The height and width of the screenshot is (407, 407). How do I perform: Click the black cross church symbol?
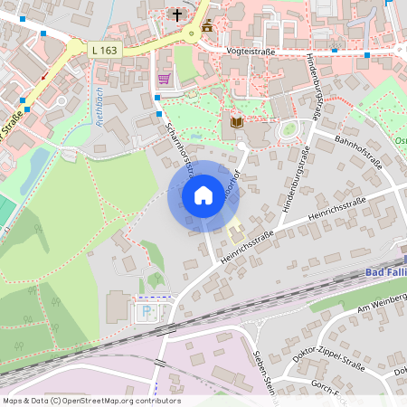[178, 15]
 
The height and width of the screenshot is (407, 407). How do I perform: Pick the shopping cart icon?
[164, 80]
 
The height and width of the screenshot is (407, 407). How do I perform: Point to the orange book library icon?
[237, 121]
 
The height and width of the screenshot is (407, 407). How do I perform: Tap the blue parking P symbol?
[147, 311]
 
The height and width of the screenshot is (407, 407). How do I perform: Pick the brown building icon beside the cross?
[207, 25]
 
